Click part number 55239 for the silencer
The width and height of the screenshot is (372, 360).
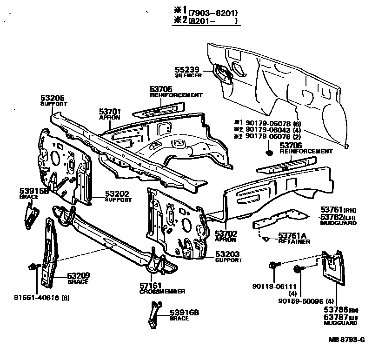(x=187, y=69)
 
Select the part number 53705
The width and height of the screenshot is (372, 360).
(x=161, y=89)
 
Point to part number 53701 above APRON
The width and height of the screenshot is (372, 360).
(x=110, y=112)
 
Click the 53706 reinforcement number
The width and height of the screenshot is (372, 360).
(x=291, y=145)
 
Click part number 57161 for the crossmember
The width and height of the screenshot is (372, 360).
(x=151, y=286)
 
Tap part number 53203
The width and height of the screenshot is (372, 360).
(x=227, y=254)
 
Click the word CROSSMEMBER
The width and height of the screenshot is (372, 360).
(x=162, y=292)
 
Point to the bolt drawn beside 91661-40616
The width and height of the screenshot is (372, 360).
(x=33, y=267)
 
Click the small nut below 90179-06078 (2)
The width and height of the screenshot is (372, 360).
(x=269, y=152)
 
